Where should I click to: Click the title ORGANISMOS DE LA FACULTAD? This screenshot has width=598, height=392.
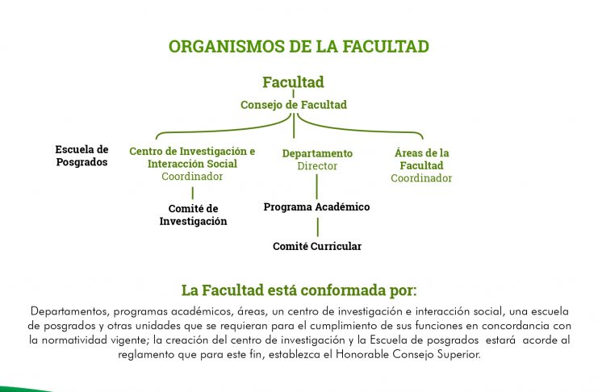299,47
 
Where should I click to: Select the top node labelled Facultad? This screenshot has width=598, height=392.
293,82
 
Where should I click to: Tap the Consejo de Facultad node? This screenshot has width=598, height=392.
294,105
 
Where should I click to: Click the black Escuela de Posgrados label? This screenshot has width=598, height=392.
82,156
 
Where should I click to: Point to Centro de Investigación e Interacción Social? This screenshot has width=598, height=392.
192,157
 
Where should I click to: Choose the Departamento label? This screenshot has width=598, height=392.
317,153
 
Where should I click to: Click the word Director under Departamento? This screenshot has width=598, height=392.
317,166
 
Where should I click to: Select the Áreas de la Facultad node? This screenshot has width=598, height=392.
421,159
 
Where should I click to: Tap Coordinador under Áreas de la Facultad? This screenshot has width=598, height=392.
421,178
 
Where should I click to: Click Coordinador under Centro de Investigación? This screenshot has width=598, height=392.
192,176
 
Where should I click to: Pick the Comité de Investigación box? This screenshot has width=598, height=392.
193,215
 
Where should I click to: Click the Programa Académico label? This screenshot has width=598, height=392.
316,206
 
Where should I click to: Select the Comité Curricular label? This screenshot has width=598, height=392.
317,246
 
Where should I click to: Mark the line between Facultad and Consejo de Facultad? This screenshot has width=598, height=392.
293,94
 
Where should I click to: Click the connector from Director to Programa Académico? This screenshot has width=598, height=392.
317,187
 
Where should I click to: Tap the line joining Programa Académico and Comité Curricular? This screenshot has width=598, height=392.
317,227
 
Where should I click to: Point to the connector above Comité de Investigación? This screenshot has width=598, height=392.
193,193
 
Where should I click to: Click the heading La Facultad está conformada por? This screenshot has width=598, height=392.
299,290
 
